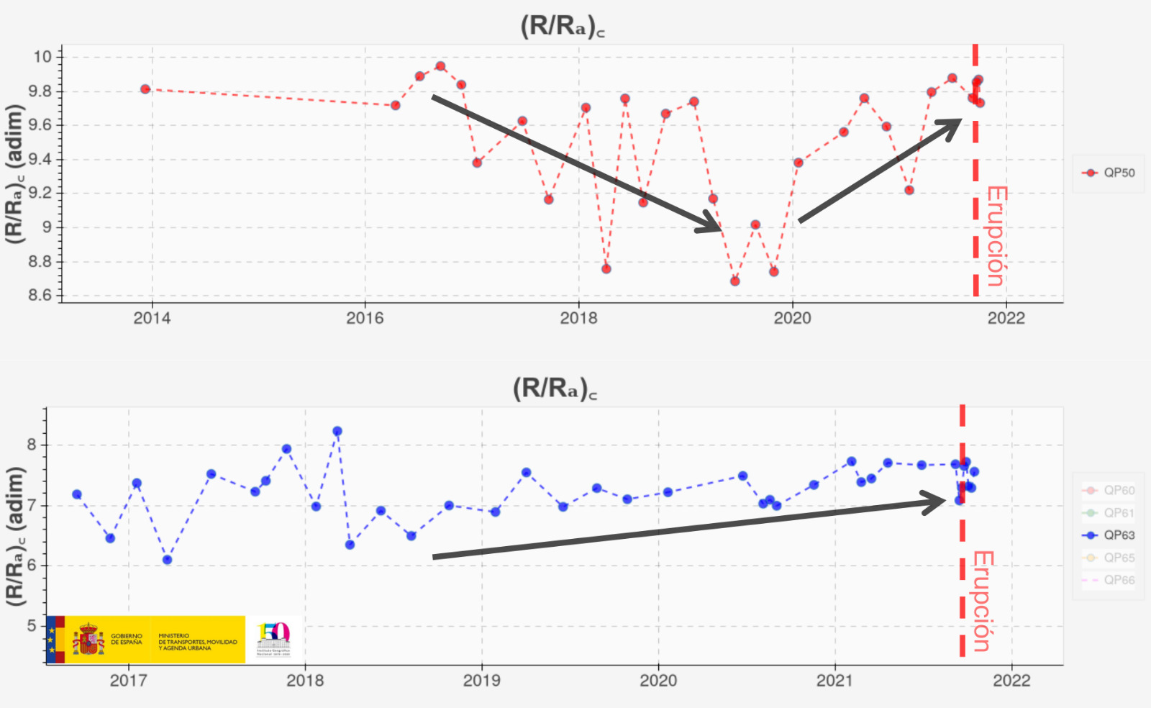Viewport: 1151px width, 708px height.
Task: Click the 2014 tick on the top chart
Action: tap(152, 319)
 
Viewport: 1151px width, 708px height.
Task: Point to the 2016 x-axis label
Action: tap(365, 319)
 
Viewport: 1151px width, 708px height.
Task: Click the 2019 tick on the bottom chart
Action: tap(481, 681)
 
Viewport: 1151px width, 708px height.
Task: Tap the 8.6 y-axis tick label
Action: tap(40, 295)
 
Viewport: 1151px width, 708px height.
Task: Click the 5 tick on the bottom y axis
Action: tap(32, 626)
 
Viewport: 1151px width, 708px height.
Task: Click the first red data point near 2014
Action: tap(145, 89)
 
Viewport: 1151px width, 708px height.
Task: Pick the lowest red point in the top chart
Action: tap(734, 281)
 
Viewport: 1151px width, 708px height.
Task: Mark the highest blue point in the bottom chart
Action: tap(337, 432)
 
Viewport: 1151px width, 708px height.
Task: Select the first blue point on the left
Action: tap(77, 494)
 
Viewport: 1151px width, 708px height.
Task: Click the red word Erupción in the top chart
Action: tap(996, 236)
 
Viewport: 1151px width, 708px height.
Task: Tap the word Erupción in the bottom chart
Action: tap(983, 601)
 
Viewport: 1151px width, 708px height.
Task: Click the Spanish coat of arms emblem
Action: tap(88, 640)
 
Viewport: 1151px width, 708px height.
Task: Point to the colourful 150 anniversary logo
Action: tap(273, 639)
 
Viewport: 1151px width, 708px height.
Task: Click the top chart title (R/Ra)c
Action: tap(562, 26)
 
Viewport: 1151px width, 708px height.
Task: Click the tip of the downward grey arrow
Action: tap(720, 230)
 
